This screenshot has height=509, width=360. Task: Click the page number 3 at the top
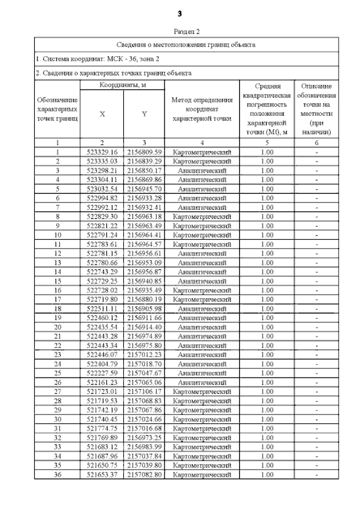click(x=179, y=13)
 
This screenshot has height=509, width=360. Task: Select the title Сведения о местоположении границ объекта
click(x=186, y=43)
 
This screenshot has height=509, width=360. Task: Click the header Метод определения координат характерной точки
click(x=202, y=109)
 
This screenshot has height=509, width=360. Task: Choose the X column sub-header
click(x=102, y=114)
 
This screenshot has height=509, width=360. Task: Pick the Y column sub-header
click(x=144, y=114)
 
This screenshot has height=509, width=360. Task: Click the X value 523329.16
click(x=102, y=152)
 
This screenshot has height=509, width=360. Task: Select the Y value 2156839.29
click(x=145, y=161)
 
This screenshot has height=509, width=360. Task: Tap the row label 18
click(x=57, y=309)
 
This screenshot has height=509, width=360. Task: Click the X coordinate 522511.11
click(x=102, y=309)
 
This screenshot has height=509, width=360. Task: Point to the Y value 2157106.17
click(x=145, y=391)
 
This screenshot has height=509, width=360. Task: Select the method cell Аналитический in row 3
click(x=202, y=170)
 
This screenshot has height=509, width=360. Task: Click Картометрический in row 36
click(x=202, y=475)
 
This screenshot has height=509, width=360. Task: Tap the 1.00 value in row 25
click(x=267, y=373)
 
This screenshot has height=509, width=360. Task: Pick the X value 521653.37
click(x=102, y=475)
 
